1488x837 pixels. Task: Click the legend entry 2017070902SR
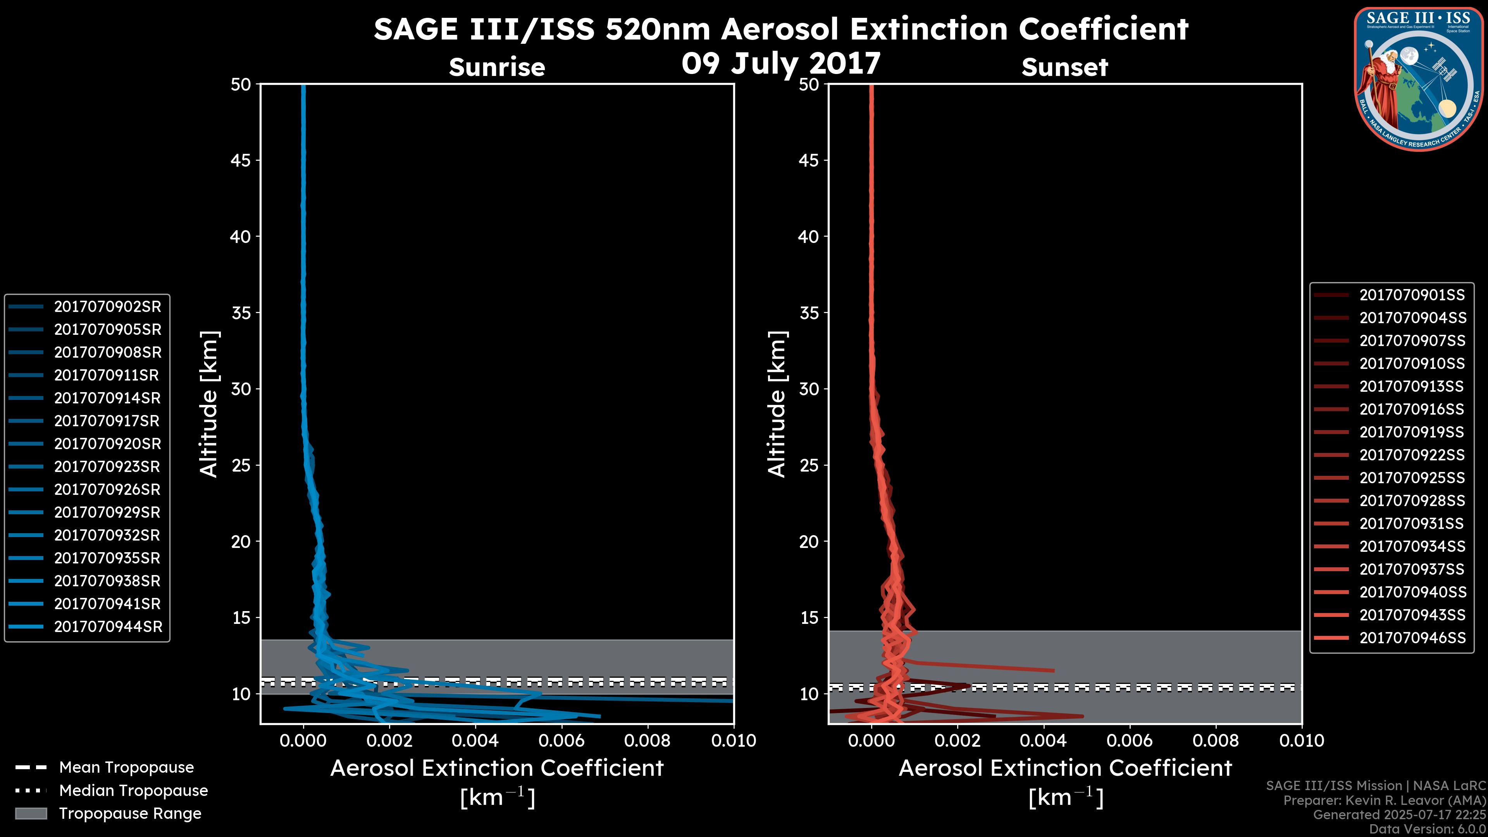pyautogui.click(x=107, y=307)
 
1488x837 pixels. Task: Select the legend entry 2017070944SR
pyautogui.click(x=108, y=627)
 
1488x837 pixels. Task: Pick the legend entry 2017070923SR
pyautogui.click(x=107, y=467)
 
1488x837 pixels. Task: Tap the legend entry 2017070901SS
pyautogui.click(x=1412, y=295)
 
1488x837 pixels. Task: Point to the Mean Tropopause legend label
pyautogui.click(x=126, y=767)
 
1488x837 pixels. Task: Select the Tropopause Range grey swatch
pyautogui.click(x=31, y=813)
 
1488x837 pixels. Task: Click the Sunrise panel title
pyautogui.click(x=497, y=67)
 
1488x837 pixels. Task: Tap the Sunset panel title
pyautogui.click(x=1064, y=67)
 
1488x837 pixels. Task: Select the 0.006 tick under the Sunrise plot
pyautogui.click(x=561, y=741)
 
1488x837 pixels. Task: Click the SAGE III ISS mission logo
pyautogui.click(x=1419, y=79)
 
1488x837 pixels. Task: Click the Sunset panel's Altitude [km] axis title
pyautogui.click(x=777, y=404)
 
